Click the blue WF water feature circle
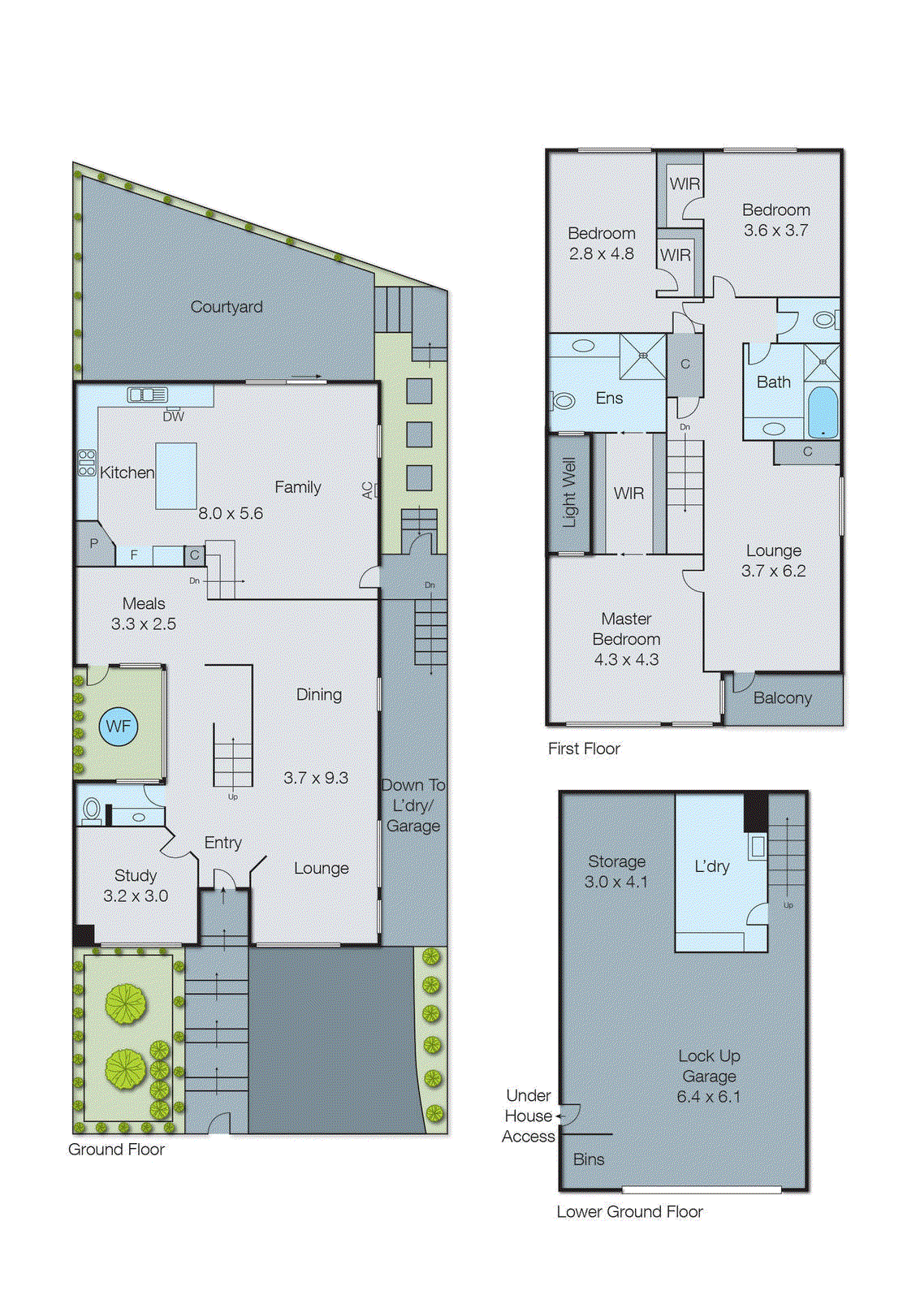click(x=119, y=727)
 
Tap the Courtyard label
click(x=226, y=307)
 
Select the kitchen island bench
click(x=176, y=476)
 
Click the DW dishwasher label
click(x=173, y=416)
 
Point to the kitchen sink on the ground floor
click(x=147, y=395)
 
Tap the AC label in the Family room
click(x=367, y=490)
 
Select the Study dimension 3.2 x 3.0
click(x=135, y=895)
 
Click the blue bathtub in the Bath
click(x=822, y=412)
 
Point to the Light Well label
click(x=569, y=492)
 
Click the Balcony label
click(x=782, y=698)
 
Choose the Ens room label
click(x=609, y=398)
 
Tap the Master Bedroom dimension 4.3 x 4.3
click(x=626, y=659)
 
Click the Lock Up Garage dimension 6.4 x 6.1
click(x=708, y=1097)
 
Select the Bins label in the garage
click(x=588, y=1159)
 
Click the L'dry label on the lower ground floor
click(x=711, y=866)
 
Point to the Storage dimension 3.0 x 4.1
click(x=615, y=882)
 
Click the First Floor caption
click(x=583, y=749)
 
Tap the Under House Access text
click(x=529, y=1116)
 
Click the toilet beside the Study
click(x=92, y=810)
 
